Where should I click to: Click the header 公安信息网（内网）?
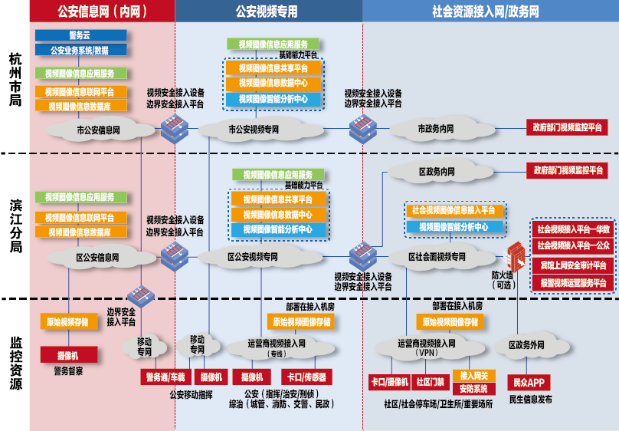(x=103, y=12)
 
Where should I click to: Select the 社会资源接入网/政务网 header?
(x=485, y=12)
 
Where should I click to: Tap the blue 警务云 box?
(x=80, y=35)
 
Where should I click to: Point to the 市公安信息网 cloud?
(x=98, y=130)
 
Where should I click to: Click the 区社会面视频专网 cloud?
(x=437, y=257)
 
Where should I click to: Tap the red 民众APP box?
(x=529, y=382)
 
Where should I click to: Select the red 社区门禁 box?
(x=430, y=381)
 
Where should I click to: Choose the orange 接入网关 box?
(x=474, y=376)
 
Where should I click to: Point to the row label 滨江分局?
(x=15, y=227)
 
